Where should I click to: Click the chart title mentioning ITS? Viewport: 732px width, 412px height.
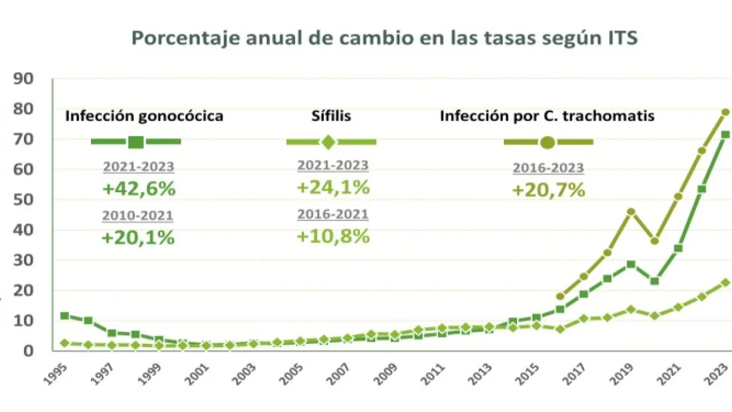pyautogui.click(x=384, y=38)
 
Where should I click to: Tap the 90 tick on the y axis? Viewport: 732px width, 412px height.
pyautogui.click(x=27, y=78)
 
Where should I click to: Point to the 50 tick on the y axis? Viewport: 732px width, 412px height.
pyautogui.click(x=27, y=200)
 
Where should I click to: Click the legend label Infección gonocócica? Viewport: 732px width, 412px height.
pyautogui.click(x=144, y=116)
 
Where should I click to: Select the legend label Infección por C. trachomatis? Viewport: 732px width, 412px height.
pyautogui.click(x=547, y=116)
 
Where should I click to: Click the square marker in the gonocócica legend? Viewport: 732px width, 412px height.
pyautogui.click(x=136, y=142)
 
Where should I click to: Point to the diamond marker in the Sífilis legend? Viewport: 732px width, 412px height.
pyautogui.click(x=328, y=142)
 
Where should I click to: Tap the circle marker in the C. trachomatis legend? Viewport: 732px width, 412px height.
pyautogui.click(x=547, y=142)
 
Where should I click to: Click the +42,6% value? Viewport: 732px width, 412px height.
pyautogui.click(x=138, y=189)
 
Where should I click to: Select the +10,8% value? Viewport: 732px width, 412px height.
pyautogui.click(x=333, y=236)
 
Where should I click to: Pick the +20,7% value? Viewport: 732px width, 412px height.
pyautogui.click(x=548, y=190)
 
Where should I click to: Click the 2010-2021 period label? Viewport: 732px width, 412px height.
pyautogui.click(x=138, y=216)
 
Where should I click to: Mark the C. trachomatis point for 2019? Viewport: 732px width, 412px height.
pyautogui.click(x=631, y=212)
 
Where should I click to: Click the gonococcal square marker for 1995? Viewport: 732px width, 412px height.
pyautogui.click(x=65, y=316)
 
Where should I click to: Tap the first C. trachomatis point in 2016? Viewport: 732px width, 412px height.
pyautogui.click(x=560, y=296)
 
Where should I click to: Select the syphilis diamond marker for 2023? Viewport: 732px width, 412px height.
pyautogui.click(x=725, y=283)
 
